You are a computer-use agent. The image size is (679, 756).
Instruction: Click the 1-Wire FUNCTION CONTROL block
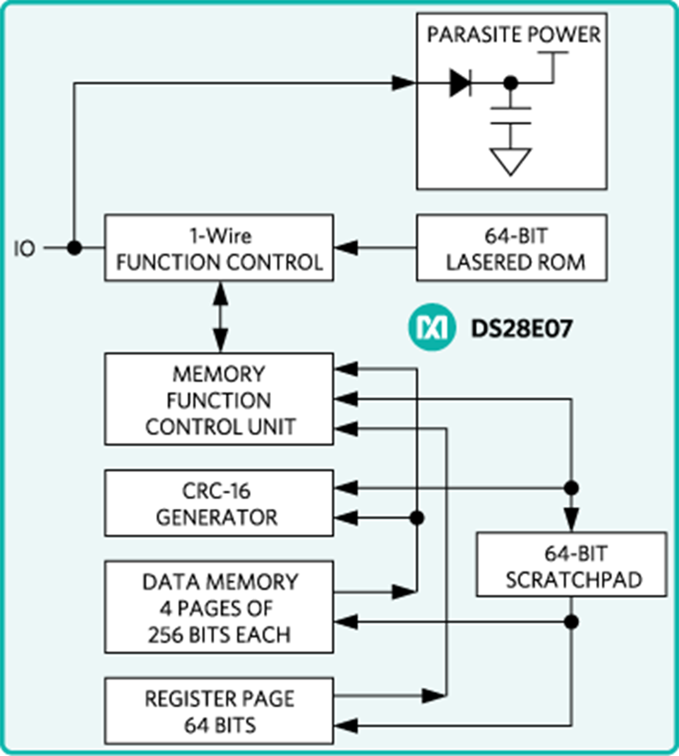coord(219,248)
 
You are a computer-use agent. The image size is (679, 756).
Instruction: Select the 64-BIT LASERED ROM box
coord(511,248)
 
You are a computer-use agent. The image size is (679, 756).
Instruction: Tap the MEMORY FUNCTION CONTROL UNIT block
coord(219,399)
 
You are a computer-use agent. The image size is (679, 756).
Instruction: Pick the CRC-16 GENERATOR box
coord(219,503)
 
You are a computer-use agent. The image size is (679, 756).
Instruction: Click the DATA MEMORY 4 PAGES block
coord(219,607)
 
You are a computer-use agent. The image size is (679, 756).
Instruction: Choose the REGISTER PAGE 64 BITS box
coord(219,711)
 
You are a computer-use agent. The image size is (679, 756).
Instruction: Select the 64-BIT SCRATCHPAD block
coord(571,565)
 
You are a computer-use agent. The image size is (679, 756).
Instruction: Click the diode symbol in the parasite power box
coord(461,83)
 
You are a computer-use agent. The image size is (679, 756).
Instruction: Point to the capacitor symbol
coord(511,116)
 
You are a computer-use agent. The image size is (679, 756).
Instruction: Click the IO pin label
coord(25,249)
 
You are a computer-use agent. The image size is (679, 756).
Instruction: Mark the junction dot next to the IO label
coord(74,248)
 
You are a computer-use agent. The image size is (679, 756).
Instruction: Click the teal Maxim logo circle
coord(431,328)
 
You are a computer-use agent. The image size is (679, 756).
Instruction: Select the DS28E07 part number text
coord(522,328)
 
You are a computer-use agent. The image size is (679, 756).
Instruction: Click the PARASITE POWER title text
coord(513,35)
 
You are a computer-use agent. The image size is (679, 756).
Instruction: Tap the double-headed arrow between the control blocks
coord(220,317)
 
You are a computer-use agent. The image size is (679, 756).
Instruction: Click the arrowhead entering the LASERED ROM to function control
coord(346,248)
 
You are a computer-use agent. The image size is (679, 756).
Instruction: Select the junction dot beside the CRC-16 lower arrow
coord(416,518)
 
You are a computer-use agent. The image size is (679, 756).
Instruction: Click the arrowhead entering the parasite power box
coord(403,83)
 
